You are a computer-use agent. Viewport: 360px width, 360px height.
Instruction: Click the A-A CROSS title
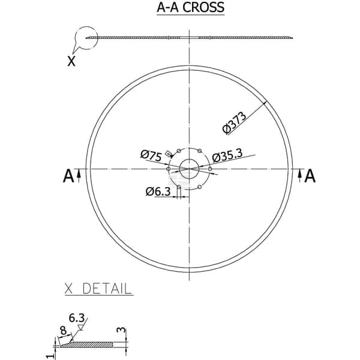[x=190, y=7]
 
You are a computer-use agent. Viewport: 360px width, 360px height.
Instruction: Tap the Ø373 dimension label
[x=235, y=122]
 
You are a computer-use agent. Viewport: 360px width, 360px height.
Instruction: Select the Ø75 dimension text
[x=151, y=155]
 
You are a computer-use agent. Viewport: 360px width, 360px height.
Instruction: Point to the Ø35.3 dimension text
[x=227, y=156]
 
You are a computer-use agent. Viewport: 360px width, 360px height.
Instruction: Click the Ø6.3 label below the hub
[x=158, y=191]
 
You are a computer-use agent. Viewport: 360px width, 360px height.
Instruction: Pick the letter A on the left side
[x=68, y=176]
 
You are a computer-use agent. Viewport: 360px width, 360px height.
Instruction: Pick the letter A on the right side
[x=310, y=176]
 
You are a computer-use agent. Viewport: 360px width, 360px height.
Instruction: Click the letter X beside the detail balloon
[x=71, y=61]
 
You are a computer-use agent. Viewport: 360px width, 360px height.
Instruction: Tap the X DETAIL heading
[x=98, y=289]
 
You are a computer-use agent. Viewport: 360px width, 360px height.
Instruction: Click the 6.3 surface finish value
[x=77, y=318]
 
